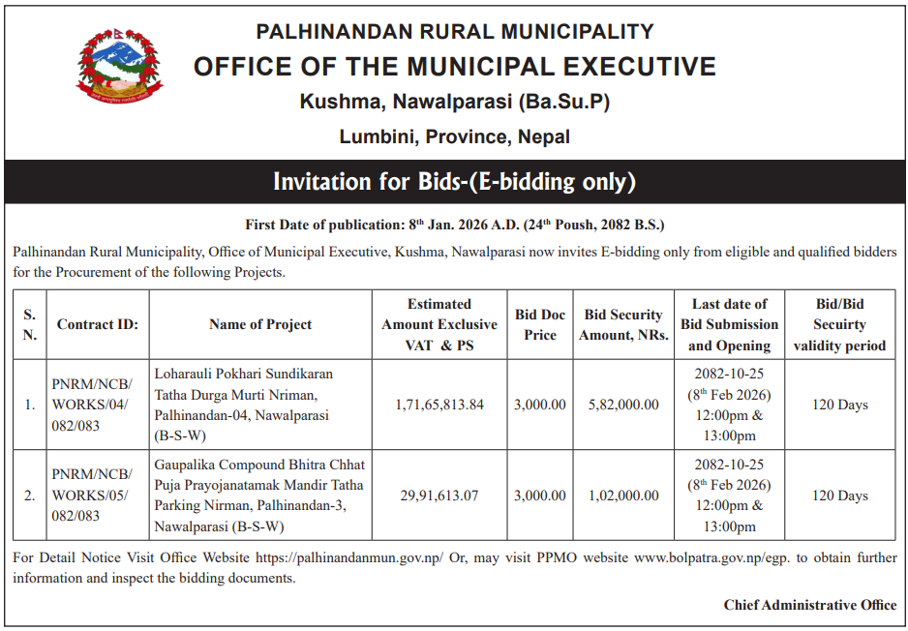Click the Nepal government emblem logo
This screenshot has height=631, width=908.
click(x=121, y=67)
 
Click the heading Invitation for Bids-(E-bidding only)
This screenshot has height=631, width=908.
click(x=454, y=182)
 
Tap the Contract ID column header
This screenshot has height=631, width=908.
click(x=98, y=324)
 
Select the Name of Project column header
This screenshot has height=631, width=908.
click(x=260, y=324)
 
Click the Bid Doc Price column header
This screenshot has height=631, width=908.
click(x=540, y=324)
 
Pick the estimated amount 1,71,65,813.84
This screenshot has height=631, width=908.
click(x=439, y=405)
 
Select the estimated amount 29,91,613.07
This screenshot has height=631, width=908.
click(x=439, y=496)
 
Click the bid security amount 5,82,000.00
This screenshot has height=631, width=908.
click(x=623, y=405)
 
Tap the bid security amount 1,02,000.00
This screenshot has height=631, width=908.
click(x=623, y=496)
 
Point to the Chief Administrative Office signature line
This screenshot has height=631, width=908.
click(x=809, y=605)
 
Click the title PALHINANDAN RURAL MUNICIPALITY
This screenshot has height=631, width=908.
click(x=454, y=32)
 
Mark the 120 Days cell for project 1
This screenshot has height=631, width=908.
click(x=839, y=405)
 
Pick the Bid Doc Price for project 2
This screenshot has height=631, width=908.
click(x=540, y=496)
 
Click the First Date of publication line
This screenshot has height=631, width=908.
click(x=454, y=225)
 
